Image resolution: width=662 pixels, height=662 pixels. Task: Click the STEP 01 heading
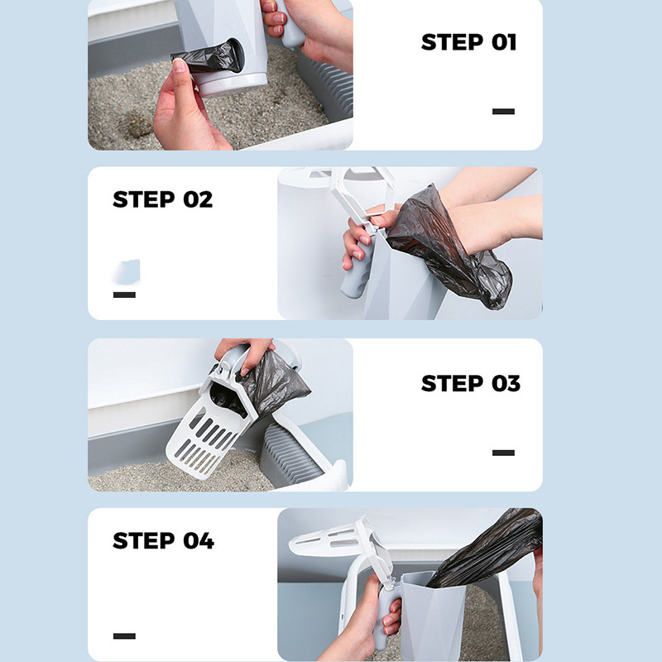(x=468, y=42)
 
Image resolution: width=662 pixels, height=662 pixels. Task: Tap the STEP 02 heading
(x=162, y=199)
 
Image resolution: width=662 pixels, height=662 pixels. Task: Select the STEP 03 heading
(x=471, y=383)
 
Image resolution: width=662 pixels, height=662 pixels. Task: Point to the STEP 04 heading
(x=163, y=540)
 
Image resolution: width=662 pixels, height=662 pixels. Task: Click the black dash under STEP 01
(x=503, y=112)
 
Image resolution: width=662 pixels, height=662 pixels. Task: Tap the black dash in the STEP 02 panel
(x=124, y=295)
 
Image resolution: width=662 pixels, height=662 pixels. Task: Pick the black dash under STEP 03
(x=503, y=453)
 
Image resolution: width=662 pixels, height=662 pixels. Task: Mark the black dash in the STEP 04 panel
(x=124, y=636)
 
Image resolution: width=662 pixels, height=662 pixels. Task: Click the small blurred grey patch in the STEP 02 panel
(x=127, y=271)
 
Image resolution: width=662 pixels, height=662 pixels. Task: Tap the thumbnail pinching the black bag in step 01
(x=179, y=65)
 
